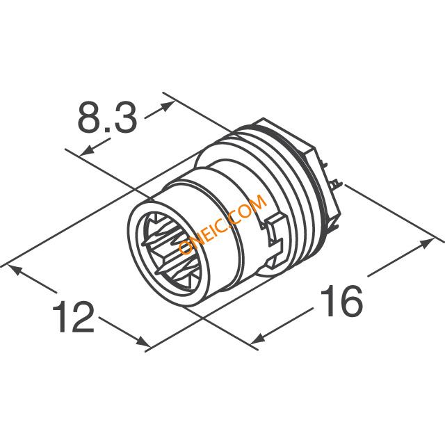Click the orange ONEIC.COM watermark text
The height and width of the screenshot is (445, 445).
(222, 225)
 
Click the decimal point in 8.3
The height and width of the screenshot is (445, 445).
(106, 129)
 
